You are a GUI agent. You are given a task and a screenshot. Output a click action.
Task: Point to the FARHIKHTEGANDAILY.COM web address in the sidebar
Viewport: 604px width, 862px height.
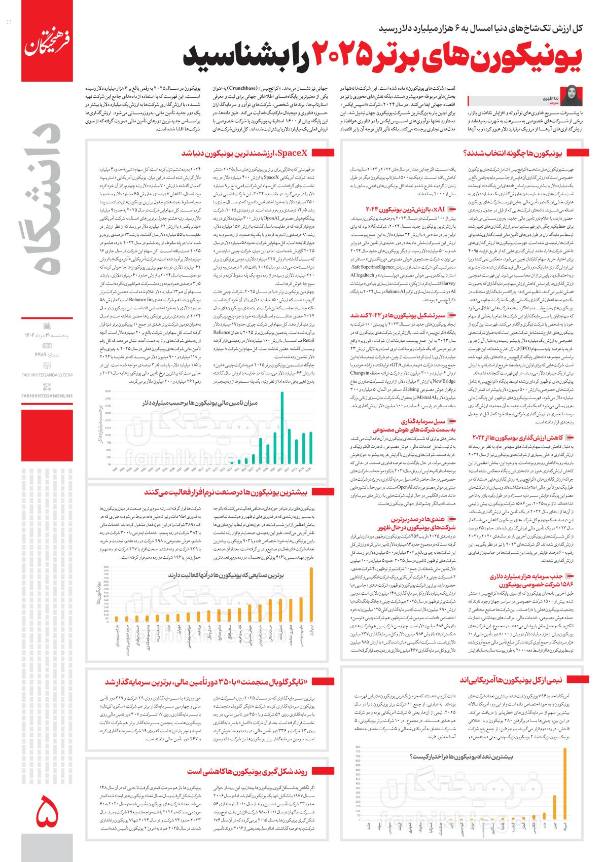(x=48, y=375)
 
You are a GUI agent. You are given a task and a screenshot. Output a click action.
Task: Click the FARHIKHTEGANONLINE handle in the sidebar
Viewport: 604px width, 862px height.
(x=48, y=396)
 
